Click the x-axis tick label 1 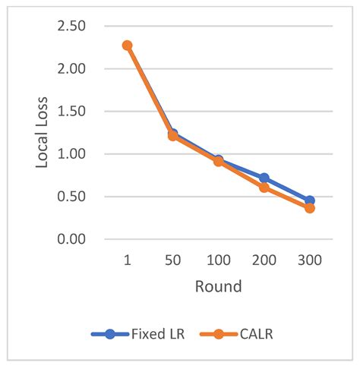(127, 260)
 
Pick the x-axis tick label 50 (172, 260)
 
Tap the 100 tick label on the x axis (218, 260)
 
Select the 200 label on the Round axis (264, 260)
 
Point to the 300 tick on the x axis (309, 260)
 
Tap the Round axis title (218, 286)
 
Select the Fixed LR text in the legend (156, 333)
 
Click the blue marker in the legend (110, 333)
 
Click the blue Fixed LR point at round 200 (264, 178)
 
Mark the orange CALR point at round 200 (264, 187)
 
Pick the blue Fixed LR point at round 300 (309, 201)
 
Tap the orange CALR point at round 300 (309, 207)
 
